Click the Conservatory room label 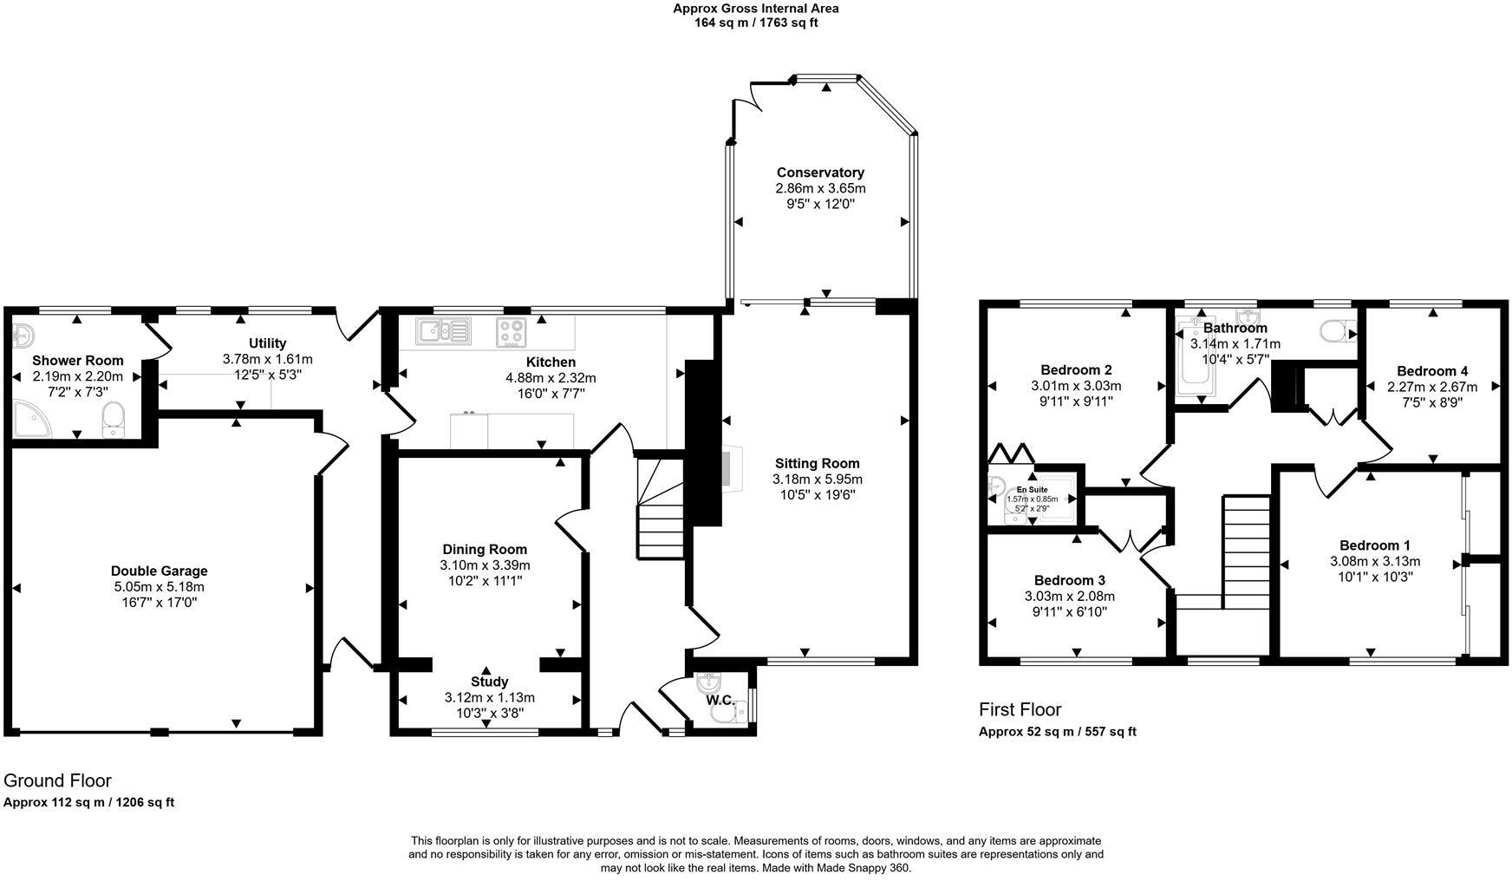pos(820,173)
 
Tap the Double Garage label pos(160,571)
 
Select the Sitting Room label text pos(818,463)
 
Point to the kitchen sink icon pos(443,330)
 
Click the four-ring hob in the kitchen pos(512,330)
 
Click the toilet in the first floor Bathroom pos(1339,330)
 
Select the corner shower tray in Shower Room pos(32,421)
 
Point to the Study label pos(490,682)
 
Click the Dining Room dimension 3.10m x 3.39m pos(485,565)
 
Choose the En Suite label pos(1032,490)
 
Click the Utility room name pos(267,343)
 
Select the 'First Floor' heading pos(1020,710)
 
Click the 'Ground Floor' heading pos(57,780)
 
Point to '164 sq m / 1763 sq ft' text pos(756,23)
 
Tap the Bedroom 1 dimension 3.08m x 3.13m pos(1375,561)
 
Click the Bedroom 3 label pos(1070,580)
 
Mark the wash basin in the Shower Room pos(23,335)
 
